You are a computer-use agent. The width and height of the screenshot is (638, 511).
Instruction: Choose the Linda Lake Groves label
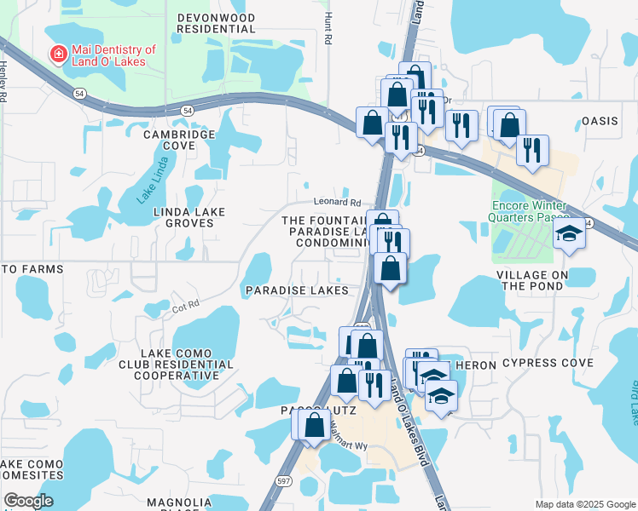coord(183,217)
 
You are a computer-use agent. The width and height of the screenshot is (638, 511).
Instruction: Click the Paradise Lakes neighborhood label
coord(297,290)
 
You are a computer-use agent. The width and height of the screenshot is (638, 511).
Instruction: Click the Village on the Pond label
coord(534,280)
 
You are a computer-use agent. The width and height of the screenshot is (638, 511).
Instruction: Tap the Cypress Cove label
coord(547,363)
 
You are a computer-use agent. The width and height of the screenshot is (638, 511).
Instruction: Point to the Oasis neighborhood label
coord(599,121)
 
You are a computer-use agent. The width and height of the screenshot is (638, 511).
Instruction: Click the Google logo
coord(29,501)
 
